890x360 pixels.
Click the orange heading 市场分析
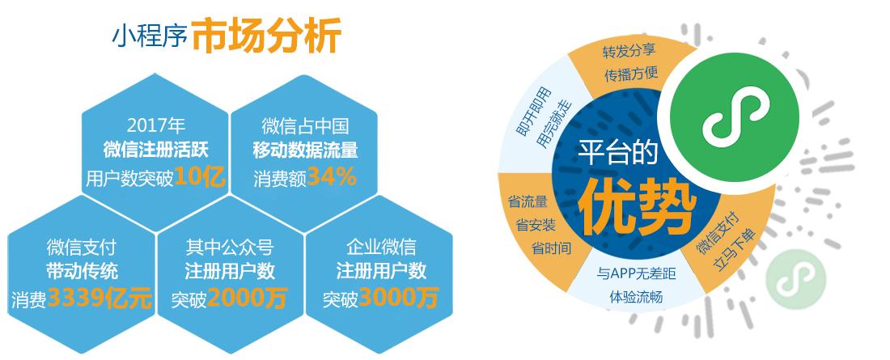tap(266, 36)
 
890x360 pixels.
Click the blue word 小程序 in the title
tap(150, 37)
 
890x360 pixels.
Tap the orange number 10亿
tap(201, 177)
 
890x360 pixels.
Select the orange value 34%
tap(332, 177)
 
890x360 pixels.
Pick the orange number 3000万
tap(398, 297)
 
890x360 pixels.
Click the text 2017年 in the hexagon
tap(156, 125)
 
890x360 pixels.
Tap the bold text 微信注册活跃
tap(156, 150)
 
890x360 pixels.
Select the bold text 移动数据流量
tap(305, 150)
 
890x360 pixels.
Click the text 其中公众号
tap(229, 247)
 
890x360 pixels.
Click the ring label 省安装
tap(536, 226)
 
